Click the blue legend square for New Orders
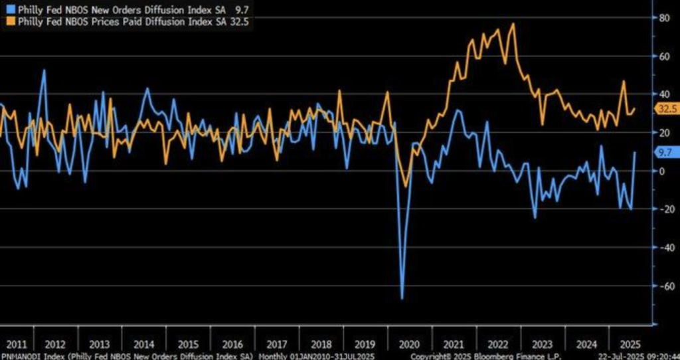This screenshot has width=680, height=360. point(6,9)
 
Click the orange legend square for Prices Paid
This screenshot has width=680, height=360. point(6,21)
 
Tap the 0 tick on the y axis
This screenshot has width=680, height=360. point(662,171)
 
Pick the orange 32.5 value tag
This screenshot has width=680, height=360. point(666,109)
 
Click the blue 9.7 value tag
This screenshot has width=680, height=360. point(664,152)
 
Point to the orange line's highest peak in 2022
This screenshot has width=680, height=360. point(513,24)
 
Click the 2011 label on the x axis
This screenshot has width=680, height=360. point(16,345)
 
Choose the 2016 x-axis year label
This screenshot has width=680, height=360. point(232,345)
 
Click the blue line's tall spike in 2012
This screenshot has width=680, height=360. point(44,70)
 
